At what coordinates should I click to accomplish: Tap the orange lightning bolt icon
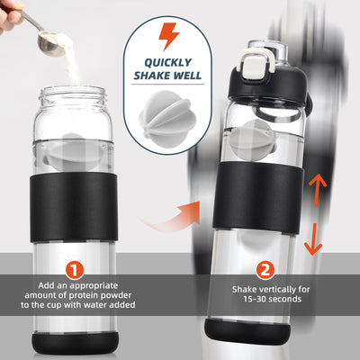point(168,36)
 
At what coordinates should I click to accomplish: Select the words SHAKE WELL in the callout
point(168,77)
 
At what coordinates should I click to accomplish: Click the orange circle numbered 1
point(75,268)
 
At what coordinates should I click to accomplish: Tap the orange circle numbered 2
point(264,268)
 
